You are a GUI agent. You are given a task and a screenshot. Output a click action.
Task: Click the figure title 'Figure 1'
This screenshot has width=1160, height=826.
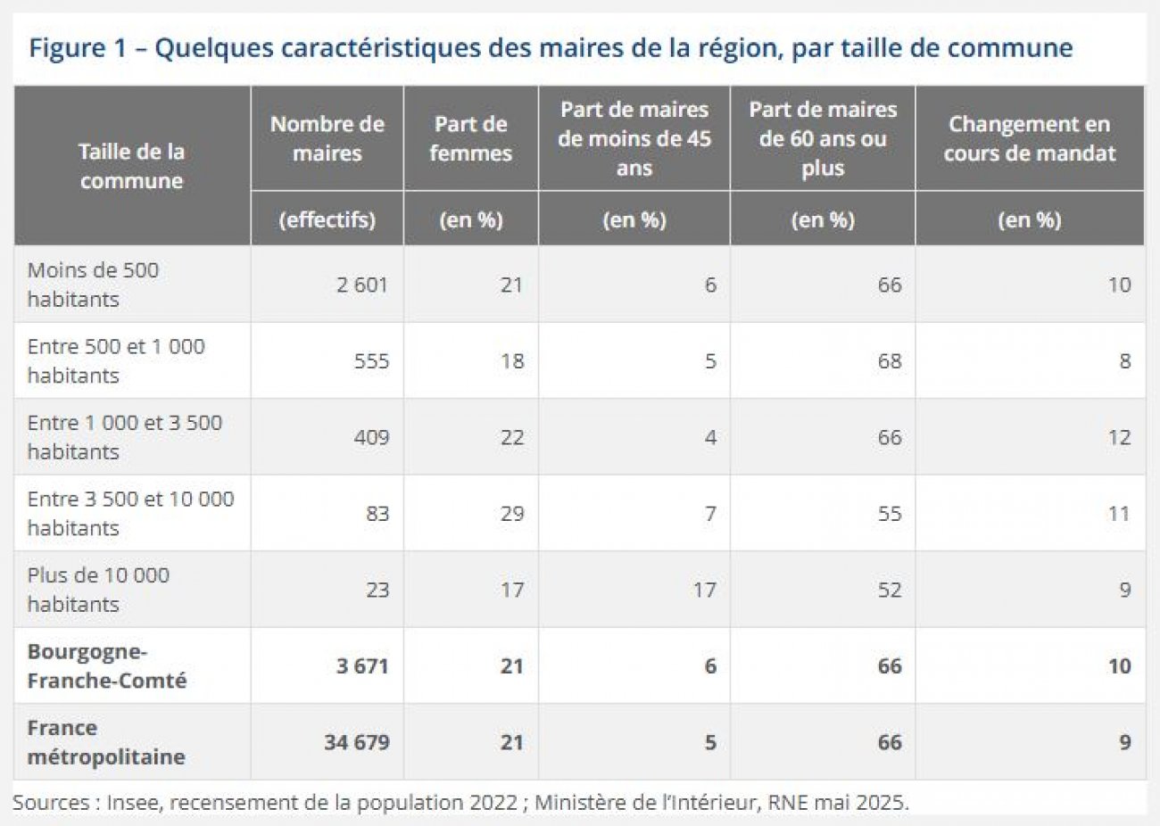click(79, 47)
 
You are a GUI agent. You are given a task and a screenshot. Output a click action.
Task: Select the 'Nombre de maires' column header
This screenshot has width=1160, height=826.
click(327, 138)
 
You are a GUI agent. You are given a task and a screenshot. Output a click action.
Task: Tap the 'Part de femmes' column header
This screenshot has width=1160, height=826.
click(470, 138)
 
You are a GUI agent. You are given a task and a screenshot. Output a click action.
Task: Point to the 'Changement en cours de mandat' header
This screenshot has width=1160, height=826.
click(1029, 138)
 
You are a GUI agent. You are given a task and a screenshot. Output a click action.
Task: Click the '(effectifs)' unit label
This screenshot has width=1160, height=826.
click(327, 219)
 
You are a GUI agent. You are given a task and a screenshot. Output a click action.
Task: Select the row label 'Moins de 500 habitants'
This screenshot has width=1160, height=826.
click(93, 285)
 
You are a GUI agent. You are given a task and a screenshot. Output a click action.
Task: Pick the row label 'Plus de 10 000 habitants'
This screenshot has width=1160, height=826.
click(98, 590)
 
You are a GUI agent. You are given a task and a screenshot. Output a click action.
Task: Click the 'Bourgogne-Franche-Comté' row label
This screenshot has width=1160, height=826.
click(107, 665)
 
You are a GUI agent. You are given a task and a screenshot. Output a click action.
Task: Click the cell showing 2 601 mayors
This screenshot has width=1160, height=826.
click(361, 285)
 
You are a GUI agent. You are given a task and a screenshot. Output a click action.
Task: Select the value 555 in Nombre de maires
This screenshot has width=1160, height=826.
click(371, 361)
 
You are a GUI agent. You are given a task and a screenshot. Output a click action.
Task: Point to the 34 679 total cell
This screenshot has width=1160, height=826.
click(356, 742)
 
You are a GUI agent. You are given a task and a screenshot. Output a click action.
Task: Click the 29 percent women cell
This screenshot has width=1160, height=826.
click(511, 514)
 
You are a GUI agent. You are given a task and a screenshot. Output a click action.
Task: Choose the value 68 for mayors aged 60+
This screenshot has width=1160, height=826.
click(889, 361)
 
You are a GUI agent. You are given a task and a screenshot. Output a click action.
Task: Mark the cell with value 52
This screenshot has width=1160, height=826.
click(889, 590)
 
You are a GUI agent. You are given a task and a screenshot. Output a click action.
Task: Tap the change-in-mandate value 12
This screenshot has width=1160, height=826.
click(1118, 437)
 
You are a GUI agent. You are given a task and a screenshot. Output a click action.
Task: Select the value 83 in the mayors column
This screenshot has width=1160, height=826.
click(377, 514)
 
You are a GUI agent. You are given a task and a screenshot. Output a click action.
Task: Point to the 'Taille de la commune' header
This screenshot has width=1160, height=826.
click(131, 166)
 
